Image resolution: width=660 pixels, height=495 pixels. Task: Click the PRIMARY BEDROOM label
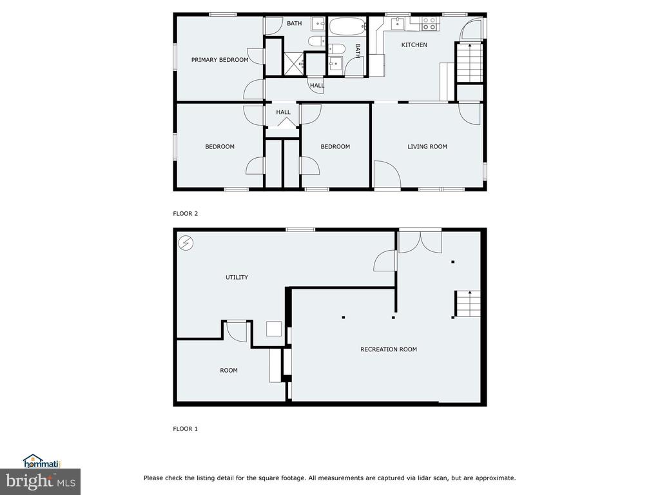point(220,60)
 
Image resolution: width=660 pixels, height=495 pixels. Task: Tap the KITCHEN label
point(414,44)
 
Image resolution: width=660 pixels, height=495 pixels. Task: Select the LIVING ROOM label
point(427,146)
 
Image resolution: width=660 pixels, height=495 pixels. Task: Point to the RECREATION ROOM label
point(389,349)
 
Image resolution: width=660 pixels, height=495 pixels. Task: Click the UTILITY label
point(237,277)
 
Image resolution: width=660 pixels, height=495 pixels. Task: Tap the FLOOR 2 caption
point(185,213)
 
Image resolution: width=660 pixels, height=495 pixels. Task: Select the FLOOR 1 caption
point(185,429)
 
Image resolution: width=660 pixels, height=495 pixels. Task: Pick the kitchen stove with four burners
point(429,24)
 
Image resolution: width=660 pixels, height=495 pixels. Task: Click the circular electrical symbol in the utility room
point(186,243)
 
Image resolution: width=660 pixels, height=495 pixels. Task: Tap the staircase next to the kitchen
point(469,63)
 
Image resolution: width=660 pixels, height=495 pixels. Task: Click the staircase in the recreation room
point(467,304)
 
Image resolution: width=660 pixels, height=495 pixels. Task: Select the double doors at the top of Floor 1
point(420,242)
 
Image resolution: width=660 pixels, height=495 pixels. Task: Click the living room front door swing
point(387,174)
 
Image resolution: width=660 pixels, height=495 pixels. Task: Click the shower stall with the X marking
point(294,64)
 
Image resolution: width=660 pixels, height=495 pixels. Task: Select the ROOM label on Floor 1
point(229,371)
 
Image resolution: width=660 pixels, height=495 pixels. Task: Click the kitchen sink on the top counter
point(397,24)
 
